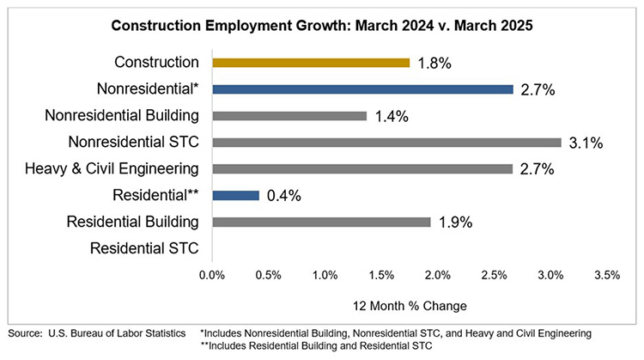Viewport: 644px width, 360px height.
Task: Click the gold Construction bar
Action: click(x=310, y=62)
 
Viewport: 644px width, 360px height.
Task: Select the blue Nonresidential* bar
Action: click(x=361, y=88)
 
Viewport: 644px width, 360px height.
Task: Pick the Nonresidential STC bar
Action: click(x=386, y=142)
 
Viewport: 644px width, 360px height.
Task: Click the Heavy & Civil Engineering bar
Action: click(x=361, y=168)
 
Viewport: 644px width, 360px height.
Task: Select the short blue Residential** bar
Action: click(x=234, y=195)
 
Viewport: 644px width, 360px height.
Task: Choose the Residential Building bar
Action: click(x=320, y=222)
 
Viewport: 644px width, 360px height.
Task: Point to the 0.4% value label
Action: click(x=283, y=196)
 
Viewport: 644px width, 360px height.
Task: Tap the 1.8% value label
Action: click(x=434, y=63)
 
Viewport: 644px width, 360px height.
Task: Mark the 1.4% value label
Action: click(x=392, y=116)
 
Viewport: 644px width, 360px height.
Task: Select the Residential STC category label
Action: click(x=144, y=248)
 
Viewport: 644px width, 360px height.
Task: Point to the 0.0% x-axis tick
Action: click(x=211, y=276)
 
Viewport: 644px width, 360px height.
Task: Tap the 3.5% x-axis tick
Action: click(x=606, y=276)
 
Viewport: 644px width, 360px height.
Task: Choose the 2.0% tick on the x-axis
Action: click(x=437, y=276)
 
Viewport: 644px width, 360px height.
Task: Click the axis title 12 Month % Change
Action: click(x=410, y=304)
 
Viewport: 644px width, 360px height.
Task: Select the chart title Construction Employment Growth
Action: click(x=322, y=26)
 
